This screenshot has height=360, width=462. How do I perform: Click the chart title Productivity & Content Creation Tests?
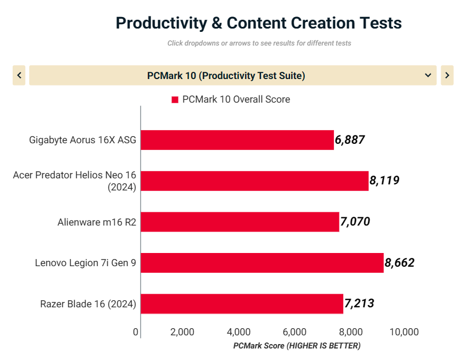click(x=259, y=23)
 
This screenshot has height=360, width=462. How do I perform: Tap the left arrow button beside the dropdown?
click(x=19, y=75)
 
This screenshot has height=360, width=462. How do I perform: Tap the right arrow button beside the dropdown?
click(x=447, y=75)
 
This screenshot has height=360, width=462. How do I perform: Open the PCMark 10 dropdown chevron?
click(x=428, y=75)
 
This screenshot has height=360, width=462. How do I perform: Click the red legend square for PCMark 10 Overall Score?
click(x=175, y=100)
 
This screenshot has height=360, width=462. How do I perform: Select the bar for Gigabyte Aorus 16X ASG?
click(x=237, y=140)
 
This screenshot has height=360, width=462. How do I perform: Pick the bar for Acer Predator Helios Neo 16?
click(x=254, y=181)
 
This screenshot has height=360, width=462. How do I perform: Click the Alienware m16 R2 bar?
click(x=240, y=222)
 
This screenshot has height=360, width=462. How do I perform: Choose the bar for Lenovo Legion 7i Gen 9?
click(x=262, y=263)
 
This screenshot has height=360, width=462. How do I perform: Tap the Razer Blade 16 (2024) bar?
click(x=242, y=303)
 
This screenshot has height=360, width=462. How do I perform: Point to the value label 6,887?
click(x=350, y=140)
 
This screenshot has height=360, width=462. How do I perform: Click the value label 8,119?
click(x=384, y=181)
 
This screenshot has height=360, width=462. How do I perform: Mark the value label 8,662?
click(x=399, y=263)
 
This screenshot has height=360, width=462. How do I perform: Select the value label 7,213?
click(x=359, y=303)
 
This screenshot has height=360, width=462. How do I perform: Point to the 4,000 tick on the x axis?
click(x=238, y=332)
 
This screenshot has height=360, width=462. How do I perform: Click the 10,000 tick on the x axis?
click(x=404, y=332)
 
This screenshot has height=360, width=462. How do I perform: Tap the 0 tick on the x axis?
click(x=136, y=332)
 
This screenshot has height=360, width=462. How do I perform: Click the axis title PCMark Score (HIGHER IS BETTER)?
click(x=297, y=346)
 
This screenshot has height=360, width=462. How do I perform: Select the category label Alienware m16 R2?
click(x=97, y=222)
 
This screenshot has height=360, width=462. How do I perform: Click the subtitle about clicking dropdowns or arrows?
click(x=259, y=43)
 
